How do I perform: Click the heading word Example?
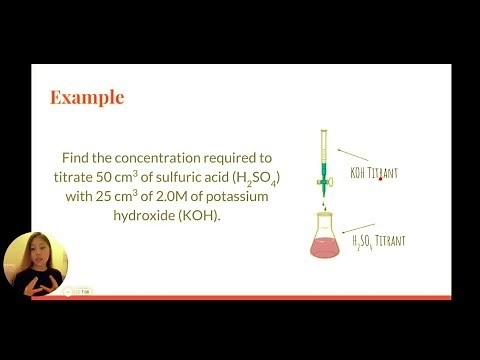coord(87,97)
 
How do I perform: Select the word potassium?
coord(238,196)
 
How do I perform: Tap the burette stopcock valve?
coord(323,181)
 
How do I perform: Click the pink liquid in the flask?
coord(324,246)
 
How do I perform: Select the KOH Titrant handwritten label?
coord(374,173)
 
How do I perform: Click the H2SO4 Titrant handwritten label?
coord(378,242)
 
